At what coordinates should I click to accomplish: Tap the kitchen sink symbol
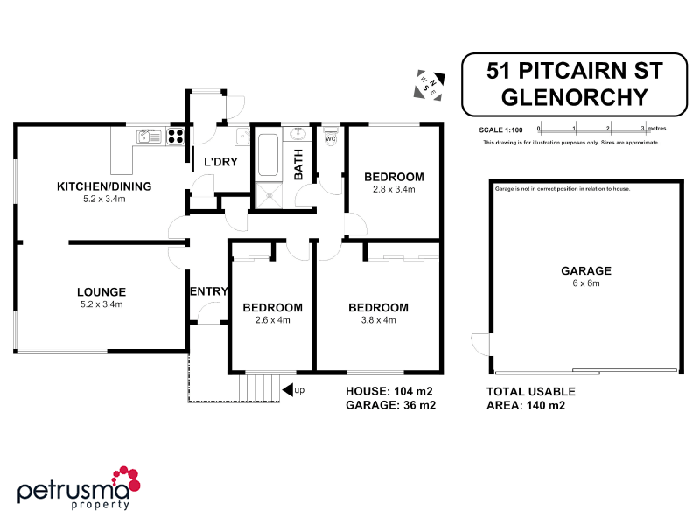150,136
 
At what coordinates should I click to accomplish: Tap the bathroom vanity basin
298,134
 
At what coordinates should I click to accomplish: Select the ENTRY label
207,291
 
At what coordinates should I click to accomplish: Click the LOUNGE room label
101,292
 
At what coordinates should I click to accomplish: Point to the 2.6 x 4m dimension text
272,320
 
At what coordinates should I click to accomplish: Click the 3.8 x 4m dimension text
378,320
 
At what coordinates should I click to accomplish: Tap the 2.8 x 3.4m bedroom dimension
394,189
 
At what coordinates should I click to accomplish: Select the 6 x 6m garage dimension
586,283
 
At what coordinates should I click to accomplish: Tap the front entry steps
259,386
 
